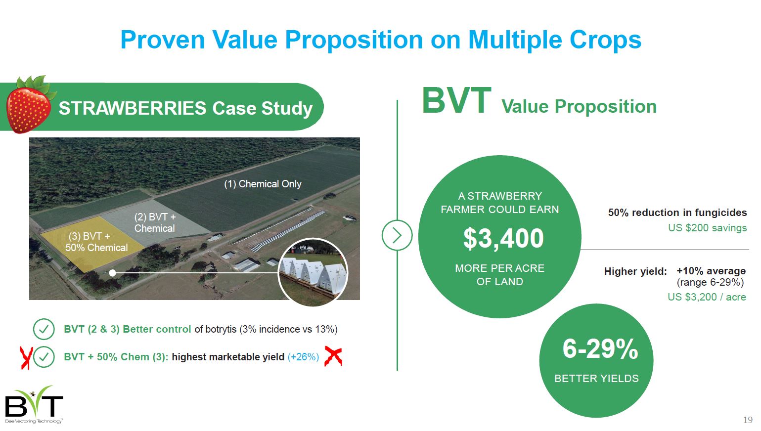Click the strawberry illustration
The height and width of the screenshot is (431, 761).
[x=30, y=105]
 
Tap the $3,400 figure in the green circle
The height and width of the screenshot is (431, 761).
[x=503, y=238]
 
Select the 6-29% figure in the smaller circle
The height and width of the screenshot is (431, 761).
[x=600, y=349]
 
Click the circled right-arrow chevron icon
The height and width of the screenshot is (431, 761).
[x=397, y=235]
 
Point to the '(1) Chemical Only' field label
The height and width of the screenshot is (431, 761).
[x=263, y=184]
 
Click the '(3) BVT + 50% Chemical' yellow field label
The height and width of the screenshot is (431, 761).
[x=96, y=242]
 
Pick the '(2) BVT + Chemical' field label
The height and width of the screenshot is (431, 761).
[x=155, y=222]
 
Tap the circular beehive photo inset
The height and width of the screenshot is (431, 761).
[x=313, y=272]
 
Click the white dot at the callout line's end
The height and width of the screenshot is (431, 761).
[x=112, y=273]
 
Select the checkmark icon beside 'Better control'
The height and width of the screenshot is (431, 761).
[x=44, y=329]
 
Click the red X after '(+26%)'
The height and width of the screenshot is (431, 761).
[x=333, y=356]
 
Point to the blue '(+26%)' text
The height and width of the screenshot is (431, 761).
[x=303, y=357]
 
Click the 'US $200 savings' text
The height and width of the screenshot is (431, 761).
[x=707, y=227]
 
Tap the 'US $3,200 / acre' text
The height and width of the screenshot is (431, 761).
[x=707, y=297]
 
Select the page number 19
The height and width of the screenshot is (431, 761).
[x=748, y=420]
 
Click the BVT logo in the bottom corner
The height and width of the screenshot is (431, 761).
[x=34, y=405]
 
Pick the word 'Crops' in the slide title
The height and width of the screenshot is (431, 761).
[x=605, y=40]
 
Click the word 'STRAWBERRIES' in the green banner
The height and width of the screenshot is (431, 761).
[x=133, y=108]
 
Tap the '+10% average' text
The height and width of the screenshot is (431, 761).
[x=711, y=271]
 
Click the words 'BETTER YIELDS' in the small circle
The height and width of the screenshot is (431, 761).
[x=596, y=378]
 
